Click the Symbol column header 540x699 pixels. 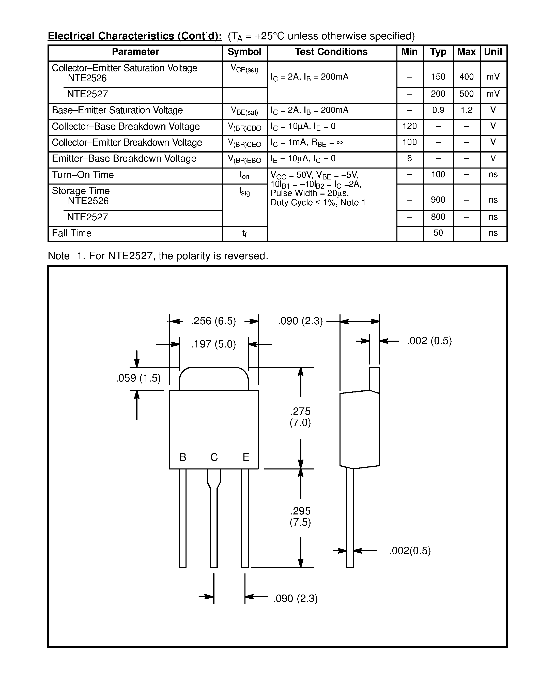[x=244, y=52]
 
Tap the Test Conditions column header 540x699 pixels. [x=331, y=52]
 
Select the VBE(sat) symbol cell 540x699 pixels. [x=244, y=111]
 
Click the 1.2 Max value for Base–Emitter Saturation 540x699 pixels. [x=466, y=110]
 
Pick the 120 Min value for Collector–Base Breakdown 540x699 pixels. [x=409, y=126]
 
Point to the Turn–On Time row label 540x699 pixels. [x=83, y=175]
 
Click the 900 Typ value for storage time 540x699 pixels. [x=438, y=200]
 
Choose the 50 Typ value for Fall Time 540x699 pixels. [x=438, y=233]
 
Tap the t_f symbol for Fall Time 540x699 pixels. [x=244, y=234]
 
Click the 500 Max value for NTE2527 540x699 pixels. [x=466, y=94]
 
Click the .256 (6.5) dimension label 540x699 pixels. [x=213, y=321]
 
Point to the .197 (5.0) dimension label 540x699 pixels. [x=213, y=344]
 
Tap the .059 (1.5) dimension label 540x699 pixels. [x=138, y=378]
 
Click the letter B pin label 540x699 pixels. [x=183, y=457]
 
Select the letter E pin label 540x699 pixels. [x=246, y=457]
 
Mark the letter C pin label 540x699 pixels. [x=214, y=457]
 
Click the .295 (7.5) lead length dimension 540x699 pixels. [x=300, y=516]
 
